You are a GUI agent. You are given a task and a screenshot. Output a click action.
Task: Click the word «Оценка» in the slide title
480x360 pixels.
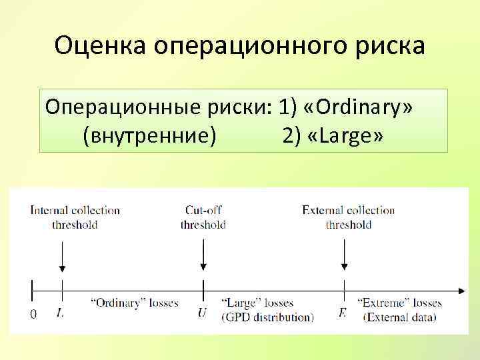click(101, 46)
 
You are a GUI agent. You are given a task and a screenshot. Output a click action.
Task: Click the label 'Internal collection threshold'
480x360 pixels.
click(75, 217)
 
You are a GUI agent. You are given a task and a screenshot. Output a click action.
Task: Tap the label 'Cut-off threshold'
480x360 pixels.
click(203, 217)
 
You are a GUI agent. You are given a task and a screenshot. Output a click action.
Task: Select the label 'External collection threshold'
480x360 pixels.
click(349, 217)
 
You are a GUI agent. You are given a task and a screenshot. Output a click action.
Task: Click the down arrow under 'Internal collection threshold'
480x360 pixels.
click(62, 257)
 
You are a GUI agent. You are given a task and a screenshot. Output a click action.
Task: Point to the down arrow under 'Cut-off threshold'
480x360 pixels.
click(203, 257)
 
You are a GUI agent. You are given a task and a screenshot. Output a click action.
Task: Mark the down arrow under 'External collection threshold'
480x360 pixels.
click(344, 257)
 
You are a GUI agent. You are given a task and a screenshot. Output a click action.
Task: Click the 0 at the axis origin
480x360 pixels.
click(33, 314)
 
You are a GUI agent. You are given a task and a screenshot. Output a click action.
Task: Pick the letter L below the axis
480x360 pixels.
click(61, 311)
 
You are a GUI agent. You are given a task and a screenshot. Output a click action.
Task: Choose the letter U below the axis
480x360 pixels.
click(202, 312)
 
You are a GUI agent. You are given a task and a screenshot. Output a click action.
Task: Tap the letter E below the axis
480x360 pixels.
click(343, 312)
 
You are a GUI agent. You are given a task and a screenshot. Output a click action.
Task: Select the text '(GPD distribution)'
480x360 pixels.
click(267, 317)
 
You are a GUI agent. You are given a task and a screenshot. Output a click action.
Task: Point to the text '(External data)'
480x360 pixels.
click(400, 317)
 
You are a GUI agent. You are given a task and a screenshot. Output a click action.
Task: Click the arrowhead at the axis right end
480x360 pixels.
click(461, 291)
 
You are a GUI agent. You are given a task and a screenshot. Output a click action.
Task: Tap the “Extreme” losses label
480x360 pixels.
click(400, 303)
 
